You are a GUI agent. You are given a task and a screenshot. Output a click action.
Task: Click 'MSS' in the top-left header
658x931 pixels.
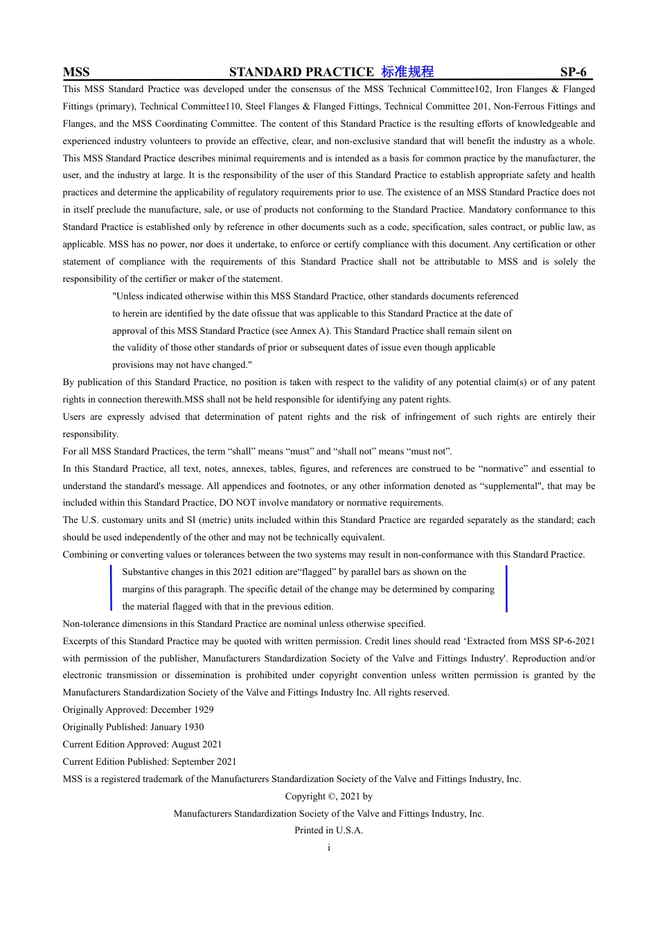coord(76,72)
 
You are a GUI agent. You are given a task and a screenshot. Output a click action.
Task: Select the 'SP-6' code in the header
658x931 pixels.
coord(573,72)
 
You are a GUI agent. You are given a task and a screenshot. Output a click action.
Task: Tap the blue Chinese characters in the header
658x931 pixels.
coord(407,72)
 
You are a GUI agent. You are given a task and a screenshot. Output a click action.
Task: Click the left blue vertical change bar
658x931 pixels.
coord(111,589)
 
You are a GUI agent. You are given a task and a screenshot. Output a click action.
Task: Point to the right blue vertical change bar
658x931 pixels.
coord(506,589)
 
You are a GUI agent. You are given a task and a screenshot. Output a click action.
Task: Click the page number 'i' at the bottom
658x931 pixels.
coord(329,848)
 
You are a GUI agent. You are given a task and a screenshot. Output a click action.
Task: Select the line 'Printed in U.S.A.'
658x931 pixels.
coord(329,831)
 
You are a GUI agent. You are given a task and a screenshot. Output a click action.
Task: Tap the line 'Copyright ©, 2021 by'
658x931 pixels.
coord(329,797)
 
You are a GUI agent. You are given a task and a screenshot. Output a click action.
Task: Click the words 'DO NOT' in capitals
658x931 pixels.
coord(235,503)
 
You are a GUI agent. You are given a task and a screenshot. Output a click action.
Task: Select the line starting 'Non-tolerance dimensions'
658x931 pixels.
coord(244,624)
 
